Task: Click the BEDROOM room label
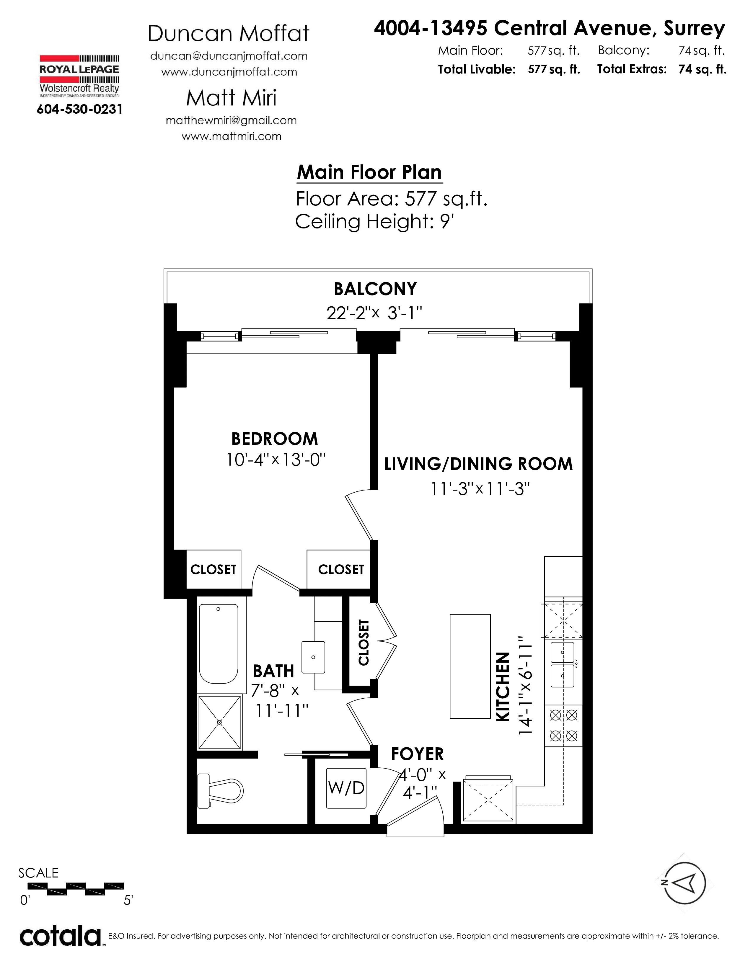click(x=274, y=439)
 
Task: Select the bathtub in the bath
click(x=218, y=644)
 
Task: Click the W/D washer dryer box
click(x=346, y=788)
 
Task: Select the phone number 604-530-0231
click(x=79, y=109)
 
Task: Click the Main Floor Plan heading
click(x=369, y=172)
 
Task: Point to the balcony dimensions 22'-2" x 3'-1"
click(x=374, y=313)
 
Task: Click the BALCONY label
click(x=375, y=289)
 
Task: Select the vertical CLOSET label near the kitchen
click(x=364, y=642)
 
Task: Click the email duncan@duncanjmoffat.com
click(x=229, y=56)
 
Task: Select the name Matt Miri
click(x=231, y=98)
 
